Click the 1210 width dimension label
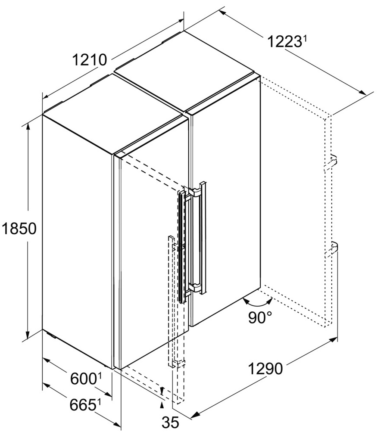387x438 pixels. [90, 60]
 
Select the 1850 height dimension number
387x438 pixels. [19, 228]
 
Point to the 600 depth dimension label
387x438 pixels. [83, 379]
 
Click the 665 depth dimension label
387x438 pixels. [83, 405]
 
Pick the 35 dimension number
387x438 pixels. [171, 422]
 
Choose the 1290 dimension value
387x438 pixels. [265, 369]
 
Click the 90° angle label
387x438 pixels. [260, 317]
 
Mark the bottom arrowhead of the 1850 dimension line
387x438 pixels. [28, 334]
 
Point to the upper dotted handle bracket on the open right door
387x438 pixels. [331, 163]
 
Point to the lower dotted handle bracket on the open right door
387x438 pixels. [331, 249]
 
